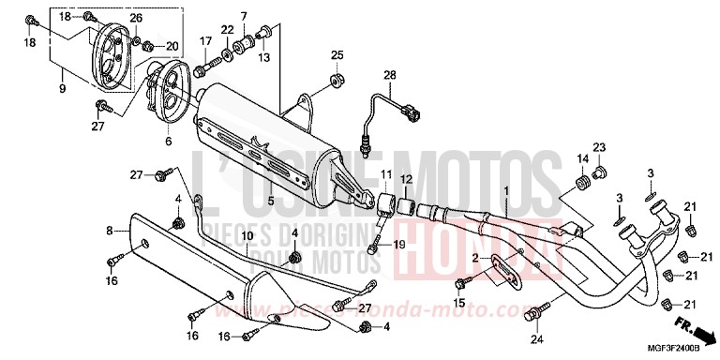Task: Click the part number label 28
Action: (390, 74)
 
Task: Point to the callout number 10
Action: (247, 235)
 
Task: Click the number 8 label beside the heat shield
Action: (110, 230)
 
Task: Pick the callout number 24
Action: (536, 337)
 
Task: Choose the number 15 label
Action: (458, 301)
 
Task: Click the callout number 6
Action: (169, 141)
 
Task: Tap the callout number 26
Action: (137, 18)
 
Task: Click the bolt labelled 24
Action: (534, 309)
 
